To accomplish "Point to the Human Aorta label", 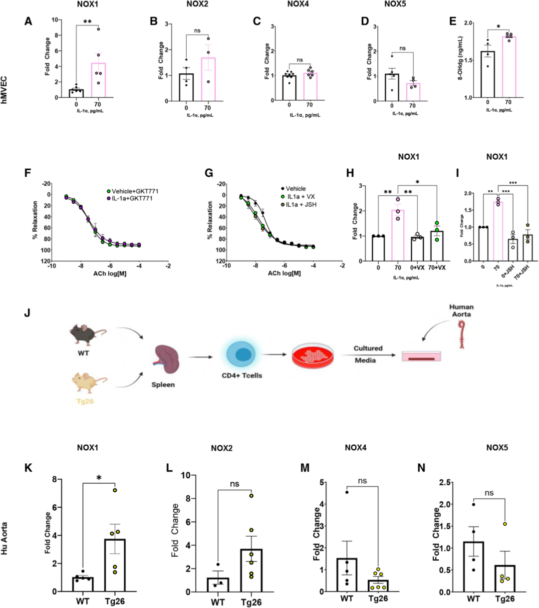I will coord(461,311).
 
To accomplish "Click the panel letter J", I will coord(27,313).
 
